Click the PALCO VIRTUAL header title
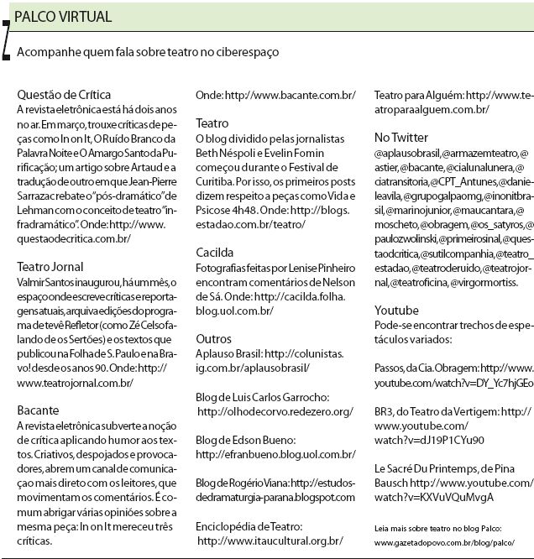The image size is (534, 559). tap(63, 18)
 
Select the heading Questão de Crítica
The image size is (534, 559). tap(64, 95)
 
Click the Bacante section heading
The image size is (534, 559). tap(39, 410)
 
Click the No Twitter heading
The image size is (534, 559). tap(401, 137)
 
